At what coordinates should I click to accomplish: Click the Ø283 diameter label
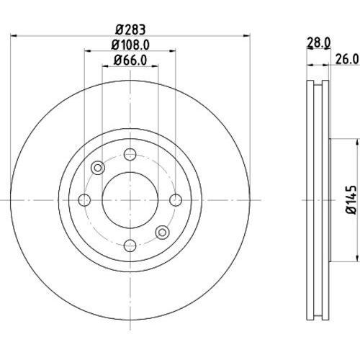point(130,30)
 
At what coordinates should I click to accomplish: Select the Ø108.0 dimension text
point(130,45)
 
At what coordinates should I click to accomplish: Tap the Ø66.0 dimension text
point(130,60)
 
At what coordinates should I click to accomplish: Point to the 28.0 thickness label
point(318,42)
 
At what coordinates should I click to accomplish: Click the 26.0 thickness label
point(347,59)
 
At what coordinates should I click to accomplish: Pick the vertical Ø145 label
point(351,199)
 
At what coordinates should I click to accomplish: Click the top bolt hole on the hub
point(130,154)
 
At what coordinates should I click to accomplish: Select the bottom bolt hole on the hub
point(130,246)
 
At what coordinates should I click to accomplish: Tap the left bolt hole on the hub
point(84,200)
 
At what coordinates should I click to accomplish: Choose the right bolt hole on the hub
point(176,200)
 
